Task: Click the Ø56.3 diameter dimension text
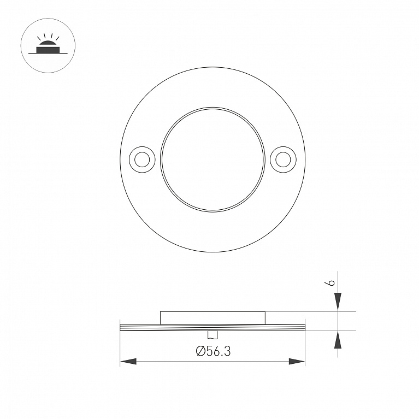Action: (213, 351)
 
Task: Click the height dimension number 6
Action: (331, 283)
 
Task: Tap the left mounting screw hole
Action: (142, 160)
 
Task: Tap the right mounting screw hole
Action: (284, 160)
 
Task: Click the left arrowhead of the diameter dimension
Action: (128, 362)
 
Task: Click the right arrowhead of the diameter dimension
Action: (297, 362)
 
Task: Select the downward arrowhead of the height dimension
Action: (338, 302)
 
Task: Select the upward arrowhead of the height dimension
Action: (338, 340)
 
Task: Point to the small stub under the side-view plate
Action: (213, 335)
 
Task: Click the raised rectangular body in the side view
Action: (213, 318)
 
